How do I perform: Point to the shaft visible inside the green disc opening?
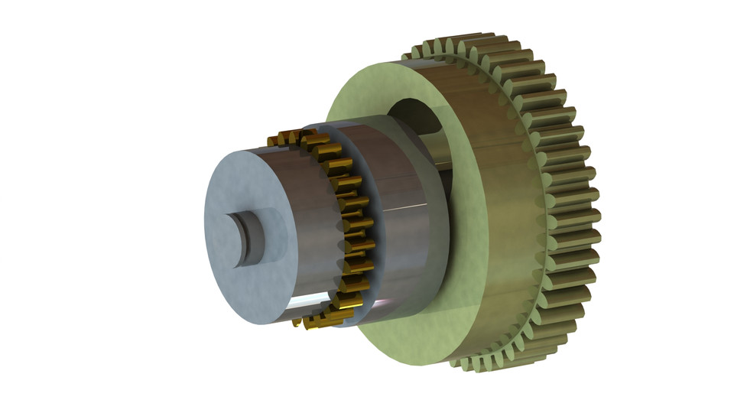pyautogui.click(x=432, y=145)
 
